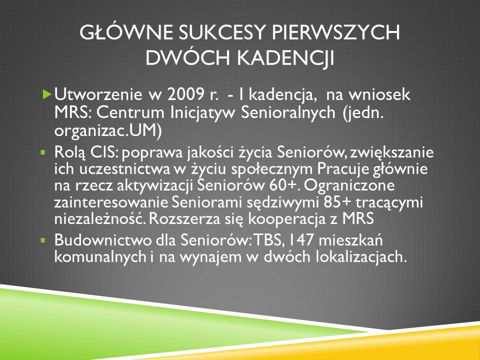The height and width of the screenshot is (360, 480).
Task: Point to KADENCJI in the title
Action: tap(286, 58)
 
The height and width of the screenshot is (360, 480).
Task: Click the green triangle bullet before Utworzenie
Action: tap(47, 94)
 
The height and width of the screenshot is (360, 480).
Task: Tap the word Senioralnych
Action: tap(288, 113)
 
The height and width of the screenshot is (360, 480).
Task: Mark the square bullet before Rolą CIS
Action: tap(43, 151)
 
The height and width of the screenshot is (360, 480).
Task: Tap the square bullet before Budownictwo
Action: tap(43, 240)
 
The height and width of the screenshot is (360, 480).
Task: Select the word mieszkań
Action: tap(350, 240)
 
